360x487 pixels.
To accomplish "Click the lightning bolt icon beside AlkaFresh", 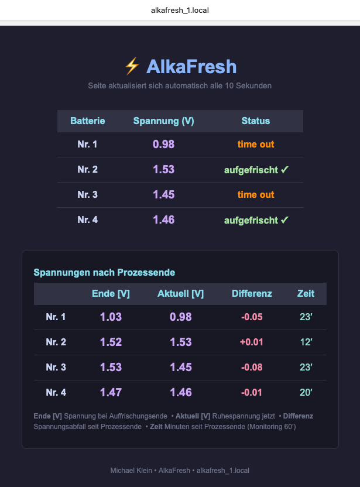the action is (132, 66).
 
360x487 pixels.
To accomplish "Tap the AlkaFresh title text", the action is (191, 67).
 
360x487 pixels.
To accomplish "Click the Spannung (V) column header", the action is (164, 121).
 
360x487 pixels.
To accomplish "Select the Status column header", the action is (256, 121).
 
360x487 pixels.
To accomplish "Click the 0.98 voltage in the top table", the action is (164, 144).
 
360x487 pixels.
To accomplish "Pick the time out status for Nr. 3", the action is (256, 194).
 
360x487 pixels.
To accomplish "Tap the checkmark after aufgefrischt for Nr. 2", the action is (284, 170).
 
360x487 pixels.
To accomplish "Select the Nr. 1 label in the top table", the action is (87, 144).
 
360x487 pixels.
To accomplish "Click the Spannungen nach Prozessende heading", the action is (104, 272).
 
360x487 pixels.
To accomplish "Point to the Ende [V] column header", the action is (111, 293).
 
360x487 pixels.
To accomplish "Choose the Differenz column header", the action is (252, 293).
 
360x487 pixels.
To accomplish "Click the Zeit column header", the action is (306, 293).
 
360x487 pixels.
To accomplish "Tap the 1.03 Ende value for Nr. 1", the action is (111, 317).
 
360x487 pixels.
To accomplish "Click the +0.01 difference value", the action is (252, 342).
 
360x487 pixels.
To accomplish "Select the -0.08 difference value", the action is (252, 367).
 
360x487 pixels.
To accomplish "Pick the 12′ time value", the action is (306, 342).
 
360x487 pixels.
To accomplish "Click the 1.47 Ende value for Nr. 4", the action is (111, 392).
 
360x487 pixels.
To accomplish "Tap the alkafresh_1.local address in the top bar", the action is (180, 11).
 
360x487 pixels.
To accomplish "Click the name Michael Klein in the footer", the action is (131, 471).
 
